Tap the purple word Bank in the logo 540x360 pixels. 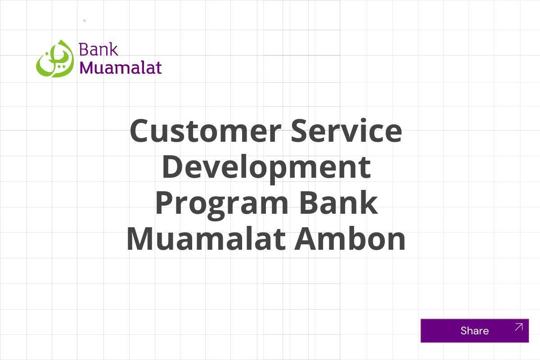coord(99,49)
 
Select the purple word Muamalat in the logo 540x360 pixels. coord(121,67)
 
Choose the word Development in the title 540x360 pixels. coord(266,167)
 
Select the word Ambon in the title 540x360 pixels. coord(350,239)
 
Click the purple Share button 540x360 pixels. coord(474,331)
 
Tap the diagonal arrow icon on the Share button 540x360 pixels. coord(518,327)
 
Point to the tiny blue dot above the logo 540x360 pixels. coord(84,21)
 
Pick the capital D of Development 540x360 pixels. coord(172,167)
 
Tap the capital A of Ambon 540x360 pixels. coord(306,239)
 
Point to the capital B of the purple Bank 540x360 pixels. coord(83,49)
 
